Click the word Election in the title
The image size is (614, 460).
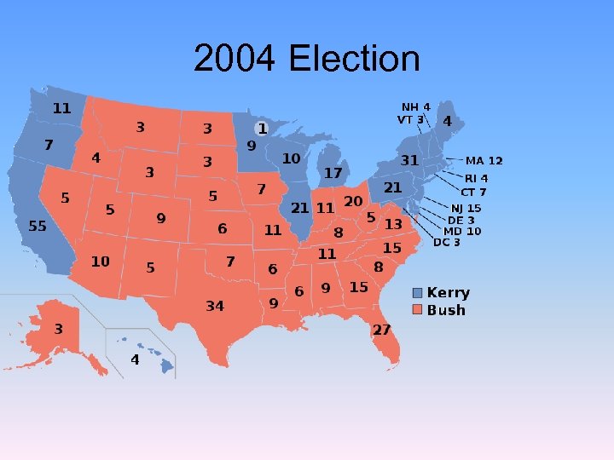click(x=355, y=60)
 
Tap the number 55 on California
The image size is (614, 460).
click(x=38, y=226)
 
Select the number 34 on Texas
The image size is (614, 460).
click(x=215, y=305)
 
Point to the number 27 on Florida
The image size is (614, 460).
click(x=381, y=330)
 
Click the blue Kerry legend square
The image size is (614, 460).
click(x=417, y=293)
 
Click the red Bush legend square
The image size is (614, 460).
click(x=417, y=309)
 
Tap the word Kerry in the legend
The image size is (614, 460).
click(x=449, y=293)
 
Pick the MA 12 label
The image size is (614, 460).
click(x=484, y=160)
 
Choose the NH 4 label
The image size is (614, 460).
click(x=416, y=107)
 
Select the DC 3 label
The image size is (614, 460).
click(x=447, y=242)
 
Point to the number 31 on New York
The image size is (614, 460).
click(x=410, y=160)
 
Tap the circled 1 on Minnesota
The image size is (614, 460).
click(x=262, y=129)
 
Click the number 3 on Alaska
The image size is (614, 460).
click(x=59, y=329)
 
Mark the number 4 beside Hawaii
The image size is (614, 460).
click(x=135, y=359)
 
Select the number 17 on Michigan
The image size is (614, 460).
click(x=333, y=173)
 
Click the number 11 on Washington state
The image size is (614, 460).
click(x=62, y=108)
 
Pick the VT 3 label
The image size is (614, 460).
click(x=410, y=120)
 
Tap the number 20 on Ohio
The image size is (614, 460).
click(x=353, y=201)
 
